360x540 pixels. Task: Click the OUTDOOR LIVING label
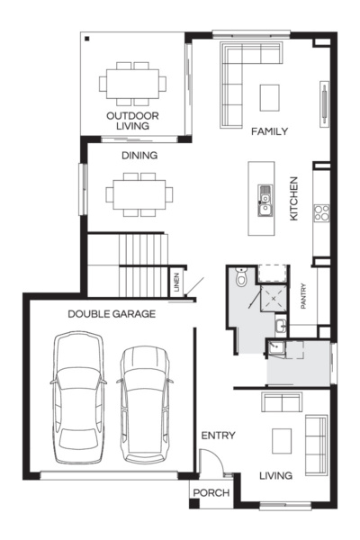coord(132,121)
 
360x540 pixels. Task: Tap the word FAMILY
coord(269,131)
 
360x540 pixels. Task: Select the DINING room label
coord(139,156)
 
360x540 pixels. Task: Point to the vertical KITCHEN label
coord(293,199)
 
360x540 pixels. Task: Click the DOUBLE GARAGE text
coord(112,314)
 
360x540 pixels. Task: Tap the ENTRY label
coord(218,436)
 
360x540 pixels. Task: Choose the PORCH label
coord(212,493)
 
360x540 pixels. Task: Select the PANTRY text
coord(304,298)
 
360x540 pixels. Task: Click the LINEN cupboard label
coord(176,283)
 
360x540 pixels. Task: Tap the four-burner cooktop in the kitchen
coord(321,213)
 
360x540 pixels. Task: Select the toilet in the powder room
coord(238,280)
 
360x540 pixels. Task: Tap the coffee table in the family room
coord(270,94)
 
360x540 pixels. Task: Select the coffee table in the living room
coord(283,440)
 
